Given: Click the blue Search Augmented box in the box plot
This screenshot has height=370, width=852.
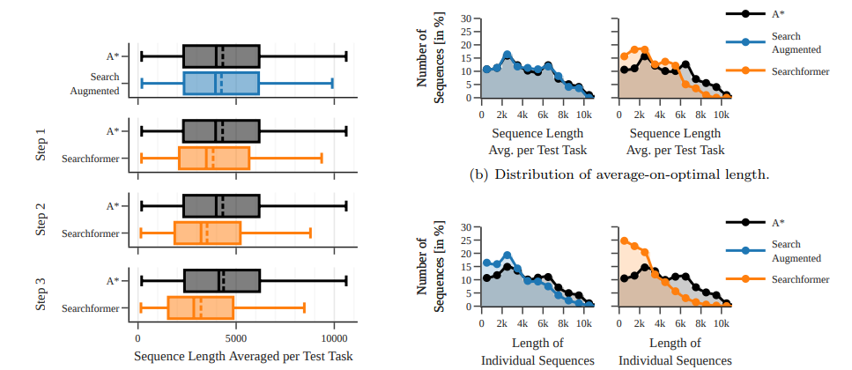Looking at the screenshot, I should tap(221, 84).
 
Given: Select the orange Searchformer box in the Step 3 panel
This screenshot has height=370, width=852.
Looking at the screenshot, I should tap(200, 307).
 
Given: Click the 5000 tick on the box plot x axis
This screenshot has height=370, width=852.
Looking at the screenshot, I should tap(235, 338).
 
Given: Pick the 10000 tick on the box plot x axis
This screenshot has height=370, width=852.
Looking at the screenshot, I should tap(334, 338).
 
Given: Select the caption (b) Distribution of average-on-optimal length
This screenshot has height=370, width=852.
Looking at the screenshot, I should tap(619, 174).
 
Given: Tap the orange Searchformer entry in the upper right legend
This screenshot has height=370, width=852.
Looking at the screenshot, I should tap(800, 71).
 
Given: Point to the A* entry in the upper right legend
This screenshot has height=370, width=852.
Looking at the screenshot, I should tap(779, 14).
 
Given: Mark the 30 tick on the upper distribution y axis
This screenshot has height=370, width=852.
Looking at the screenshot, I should tap(467, 18).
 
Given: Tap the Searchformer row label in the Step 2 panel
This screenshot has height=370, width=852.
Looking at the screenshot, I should tap(90, 233).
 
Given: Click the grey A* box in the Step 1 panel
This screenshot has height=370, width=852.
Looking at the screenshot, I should tap(221, 131).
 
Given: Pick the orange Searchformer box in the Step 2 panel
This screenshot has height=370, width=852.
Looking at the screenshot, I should tap(207, 233).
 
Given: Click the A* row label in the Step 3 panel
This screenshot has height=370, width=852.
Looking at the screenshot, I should tap(112, 281).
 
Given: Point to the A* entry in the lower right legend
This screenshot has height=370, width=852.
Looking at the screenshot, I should tap(779, 223).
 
